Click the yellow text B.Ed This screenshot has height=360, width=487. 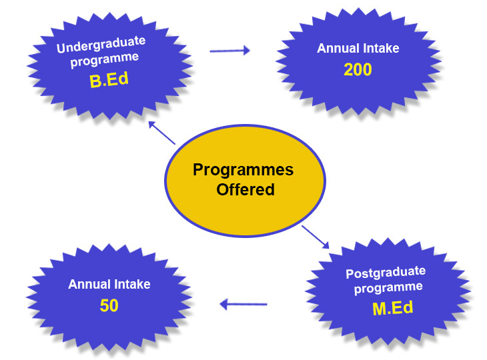tap(109, 80)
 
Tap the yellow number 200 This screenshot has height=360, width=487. tap(358, 69)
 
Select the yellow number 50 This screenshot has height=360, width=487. tap(109, 305)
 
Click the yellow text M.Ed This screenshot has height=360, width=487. tap(392, 308)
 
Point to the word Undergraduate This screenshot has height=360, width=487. tap(101, 45)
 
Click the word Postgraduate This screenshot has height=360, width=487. tap(386, 273)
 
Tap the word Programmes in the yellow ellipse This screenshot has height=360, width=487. tap(243, 170)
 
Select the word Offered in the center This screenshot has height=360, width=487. tap(246, 189)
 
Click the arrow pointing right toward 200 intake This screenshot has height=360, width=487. tap(230, 50)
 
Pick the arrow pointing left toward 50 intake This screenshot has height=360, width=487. tap(243, 304)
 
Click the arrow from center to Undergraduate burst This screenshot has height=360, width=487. tap(162, 133)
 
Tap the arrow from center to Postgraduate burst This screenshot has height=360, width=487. tap(316, 237)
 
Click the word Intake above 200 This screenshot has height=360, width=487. tap(381, 49)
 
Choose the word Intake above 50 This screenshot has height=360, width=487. tap(132, 284)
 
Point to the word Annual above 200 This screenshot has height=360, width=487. tap(338, 49)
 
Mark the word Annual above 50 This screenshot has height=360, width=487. tap(89, 284)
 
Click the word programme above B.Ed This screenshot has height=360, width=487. tap(104, 59)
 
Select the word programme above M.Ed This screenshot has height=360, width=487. tap(388, 288)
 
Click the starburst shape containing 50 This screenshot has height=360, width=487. tap(109, 298)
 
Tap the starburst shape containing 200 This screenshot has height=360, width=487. tap(358, 61)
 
